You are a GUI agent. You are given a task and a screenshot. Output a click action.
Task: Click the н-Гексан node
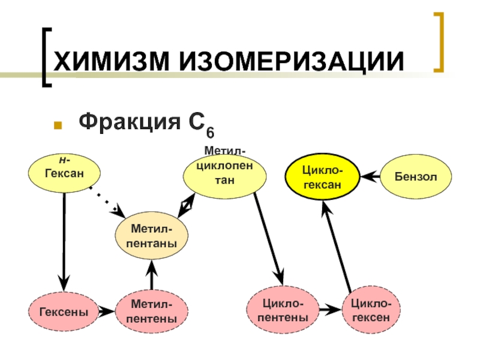(x=64, y=169)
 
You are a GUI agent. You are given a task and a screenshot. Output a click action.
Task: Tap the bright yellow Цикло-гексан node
(x=322, y=176)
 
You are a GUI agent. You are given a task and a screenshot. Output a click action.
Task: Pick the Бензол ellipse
(x=415, y=176)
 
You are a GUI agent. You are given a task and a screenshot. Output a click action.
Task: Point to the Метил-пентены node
(x=151, y=311)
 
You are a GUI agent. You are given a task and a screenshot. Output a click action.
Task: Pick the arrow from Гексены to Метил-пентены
(x=106, y=311)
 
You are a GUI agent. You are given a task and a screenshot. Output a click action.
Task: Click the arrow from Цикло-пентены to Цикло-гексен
(x=328, y=310)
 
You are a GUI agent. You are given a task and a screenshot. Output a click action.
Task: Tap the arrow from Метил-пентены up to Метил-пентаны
(x=151, y=276)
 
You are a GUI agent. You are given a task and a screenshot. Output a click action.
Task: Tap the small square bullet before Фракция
(x=58, y=126)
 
